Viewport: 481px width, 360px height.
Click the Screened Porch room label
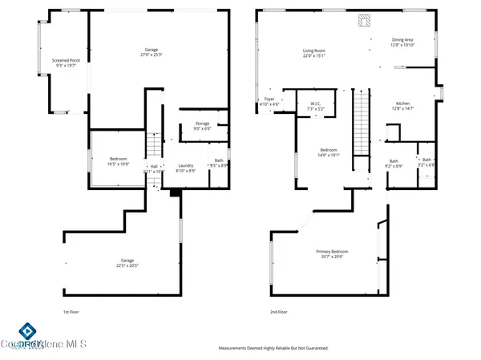pos(65,63)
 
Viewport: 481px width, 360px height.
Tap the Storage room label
pos(201,125)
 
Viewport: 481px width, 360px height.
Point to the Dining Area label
pos(403,42)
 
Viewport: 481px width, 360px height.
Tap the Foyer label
pos(269,102)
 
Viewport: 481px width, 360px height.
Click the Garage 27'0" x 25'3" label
pos(152,53)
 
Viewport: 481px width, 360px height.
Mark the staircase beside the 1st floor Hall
pos(152,146)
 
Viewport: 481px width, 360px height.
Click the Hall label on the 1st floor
pos(154,168)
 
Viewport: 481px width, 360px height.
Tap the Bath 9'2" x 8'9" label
pos(394,164)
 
